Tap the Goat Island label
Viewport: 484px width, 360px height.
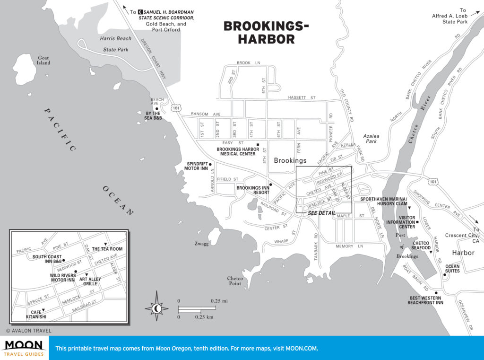coord(43,60)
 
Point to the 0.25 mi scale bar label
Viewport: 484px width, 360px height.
coord(219,301)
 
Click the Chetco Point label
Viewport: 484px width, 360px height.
coord(235,281)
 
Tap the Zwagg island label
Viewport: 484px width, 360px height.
coord(200,244)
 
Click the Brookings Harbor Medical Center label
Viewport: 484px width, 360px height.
coord(238,151)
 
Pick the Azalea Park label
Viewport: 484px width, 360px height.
coord(371,139)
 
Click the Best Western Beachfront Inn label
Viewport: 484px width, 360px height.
coord(425,300)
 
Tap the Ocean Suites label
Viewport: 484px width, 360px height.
coord(452,269)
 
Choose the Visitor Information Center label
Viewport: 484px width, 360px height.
coord(400,224)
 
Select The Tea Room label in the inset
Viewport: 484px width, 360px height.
coord(107,249)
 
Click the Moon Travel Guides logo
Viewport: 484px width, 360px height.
coord(24,348)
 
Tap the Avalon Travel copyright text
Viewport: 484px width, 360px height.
coord(28,331)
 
